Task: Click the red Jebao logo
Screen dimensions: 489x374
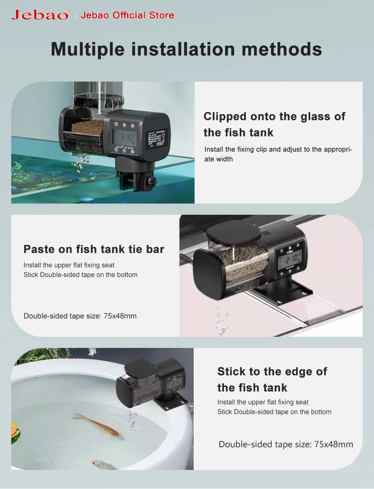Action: tap(40, 15)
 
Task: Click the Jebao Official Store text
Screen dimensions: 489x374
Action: tap(128, 15)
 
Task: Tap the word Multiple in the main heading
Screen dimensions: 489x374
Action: tap(88, 49)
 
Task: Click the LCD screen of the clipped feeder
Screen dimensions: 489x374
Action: tap(123, 138)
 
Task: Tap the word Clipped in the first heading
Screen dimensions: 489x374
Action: tap(225, 117)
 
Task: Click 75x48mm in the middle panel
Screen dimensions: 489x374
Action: tap(120, 316)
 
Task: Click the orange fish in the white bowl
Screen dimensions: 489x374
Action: tap(97, 424)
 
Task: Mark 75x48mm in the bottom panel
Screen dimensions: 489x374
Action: tap(334, 444)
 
